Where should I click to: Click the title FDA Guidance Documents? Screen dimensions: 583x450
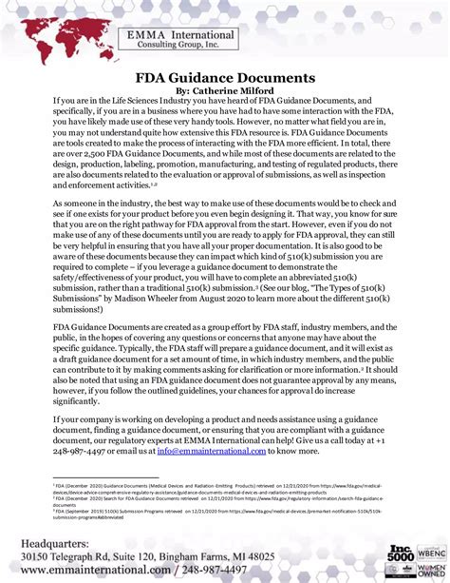(225, 77)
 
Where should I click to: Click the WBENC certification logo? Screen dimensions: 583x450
(429, 551)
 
